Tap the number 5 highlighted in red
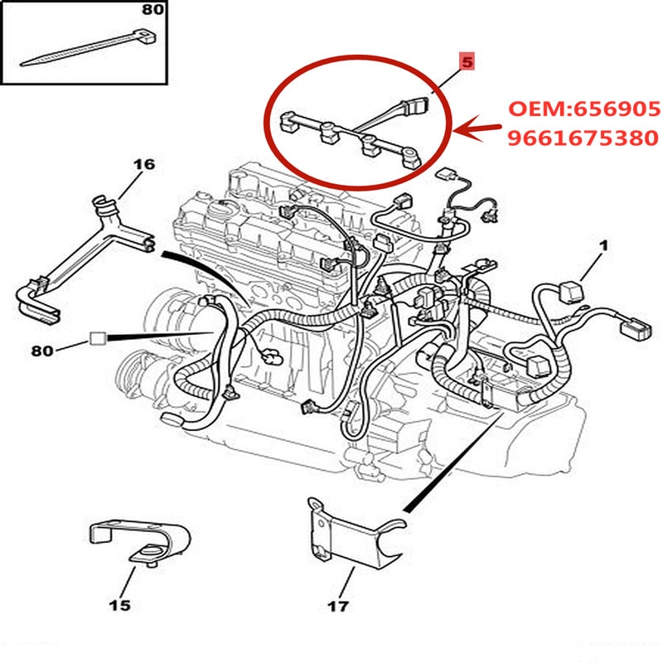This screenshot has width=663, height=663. [465, 61]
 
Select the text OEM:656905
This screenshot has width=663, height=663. [583, 109]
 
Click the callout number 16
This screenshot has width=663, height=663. [143, 164]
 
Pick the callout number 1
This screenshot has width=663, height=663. [603, 245]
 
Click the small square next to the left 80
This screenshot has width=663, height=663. [97, 338]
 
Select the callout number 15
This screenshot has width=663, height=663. [120, 606]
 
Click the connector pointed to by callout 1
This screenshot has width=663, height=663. [570, 293]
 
